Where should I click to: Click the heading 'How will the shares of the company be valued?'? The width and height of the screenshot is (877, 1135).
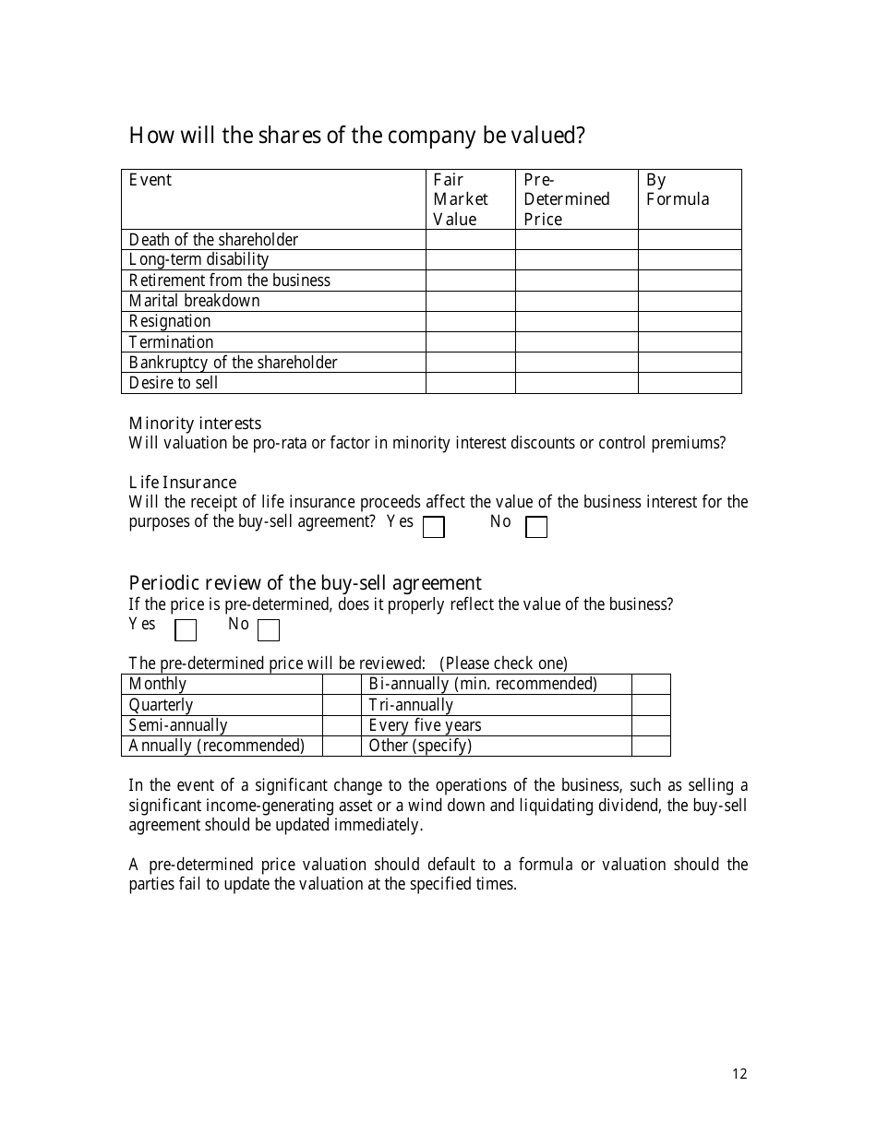(356, 137)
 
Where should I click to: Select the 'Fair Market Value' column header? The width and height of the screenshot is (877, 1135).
(461, 199)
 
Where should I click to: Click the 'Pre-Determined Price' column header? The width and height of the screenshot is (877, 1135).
(567, 199)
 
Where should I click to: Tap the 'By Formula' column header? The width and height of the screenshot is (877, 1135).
(678, 190)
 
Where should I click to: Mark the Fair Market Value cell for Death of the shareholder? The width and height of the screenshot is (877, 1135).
(470, 240)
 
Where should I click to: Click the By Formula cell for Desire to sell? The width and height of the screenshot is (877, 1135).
(690, 383)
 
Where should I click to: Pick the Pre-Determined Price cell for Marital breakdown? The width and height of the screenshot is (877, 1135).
(576, 301)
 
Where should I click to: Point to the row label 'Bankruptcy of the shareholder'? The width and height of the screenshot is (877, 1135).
(233, 363)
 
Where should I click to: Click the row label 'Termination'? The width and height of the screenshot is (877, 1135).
(171, 342)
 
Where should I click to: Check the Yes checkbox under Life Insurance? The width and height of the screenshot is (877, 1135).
(433, 527)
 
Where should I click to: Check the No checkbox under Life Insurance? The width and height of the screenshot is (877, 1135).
(536, 527)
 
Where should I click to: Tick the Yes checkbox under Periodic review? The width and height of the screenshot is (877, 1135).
(186, 630)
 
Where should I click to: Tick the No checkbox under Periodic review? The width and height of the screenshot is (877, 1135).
(269, 630)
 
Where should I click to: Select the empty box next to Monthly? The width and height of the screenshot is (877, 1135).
(342, 684)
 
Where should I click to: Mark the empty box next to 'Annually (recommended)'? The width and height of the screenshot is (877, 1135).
(342, 746)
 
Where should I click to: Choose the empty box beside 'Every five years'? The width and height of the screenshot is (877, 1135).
(651, 725)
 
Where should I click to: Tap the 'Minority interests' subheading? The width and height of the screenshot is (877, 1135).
(195, 424)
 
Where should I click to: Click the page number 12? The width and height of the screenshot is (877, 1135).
(739, 1073)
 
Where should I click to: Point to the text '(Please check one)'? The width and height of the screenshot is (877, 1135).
(503, 663)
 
